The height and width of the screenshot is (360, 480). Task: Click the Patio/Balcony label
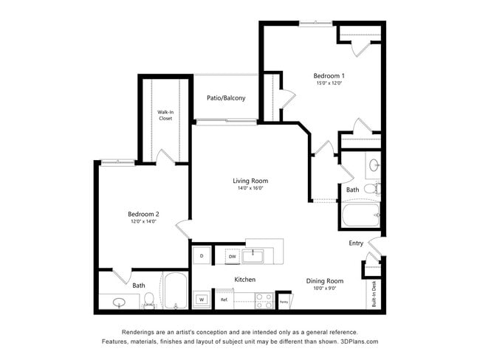(x=226, y=98)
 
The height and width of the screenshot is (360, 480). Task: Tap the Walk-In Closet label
(x=165, y=115)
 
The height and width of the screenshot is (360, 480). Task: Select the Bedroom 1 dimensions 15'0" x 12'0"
(x=329, y=84)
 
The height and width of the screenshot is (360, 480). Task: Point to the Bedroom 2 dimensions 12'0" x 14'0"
(x=143, y=221)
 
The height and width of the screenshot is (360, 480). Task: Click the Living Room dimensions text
(x=250, y=188)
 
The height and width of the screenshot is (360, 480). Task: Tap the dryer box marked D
(x=202, y=256)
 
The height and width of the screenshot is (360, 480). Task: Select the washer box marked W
(x=201, y=300)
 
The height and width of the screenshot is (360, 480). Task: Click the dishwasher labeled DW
(x=231, y=256)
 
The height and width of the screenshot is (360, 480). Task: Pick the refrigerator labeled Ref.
(x=223, y=300)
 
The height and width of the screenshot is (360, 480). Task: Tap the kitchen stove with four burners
(x=264, y=300)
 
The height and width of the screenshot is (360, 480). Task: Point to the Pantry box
(x=284, y=301)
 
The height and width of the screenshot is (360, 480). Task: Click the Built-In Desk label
(x=374, y=294)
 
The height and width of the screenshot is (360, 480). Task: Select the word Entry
(x=356, y=243)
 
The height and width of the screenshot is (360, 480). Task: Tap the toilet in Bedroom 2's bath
(x=148, y=300)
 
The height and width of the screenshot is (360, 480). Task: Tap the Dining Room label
(x=325, y=280)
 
